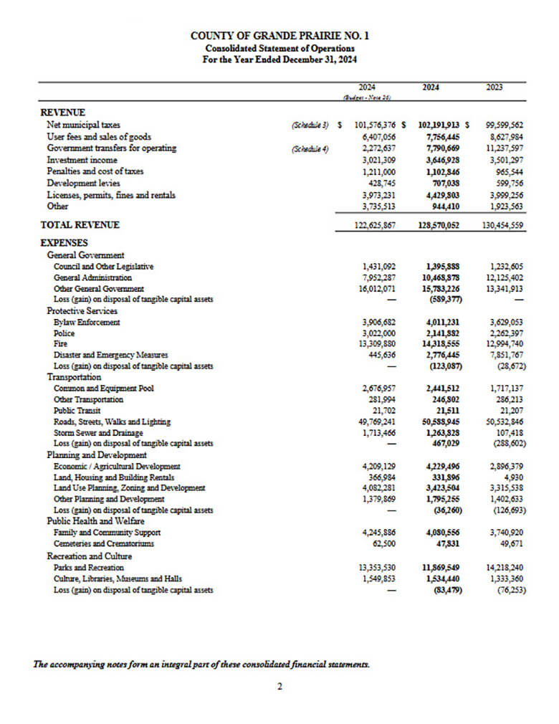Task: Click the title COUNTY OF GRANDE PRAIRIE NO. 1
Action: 280,35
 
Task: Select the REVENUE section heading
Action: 63,113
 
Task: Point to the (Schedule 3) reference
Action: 310,125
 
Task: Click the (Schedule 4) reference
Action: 310,148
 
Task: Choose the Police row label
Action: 64,333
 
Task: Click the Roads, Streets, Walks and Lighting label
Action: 112,422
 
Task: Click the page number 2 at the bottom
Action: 279,687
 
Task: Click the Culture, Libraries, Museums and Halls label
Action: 118,578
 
